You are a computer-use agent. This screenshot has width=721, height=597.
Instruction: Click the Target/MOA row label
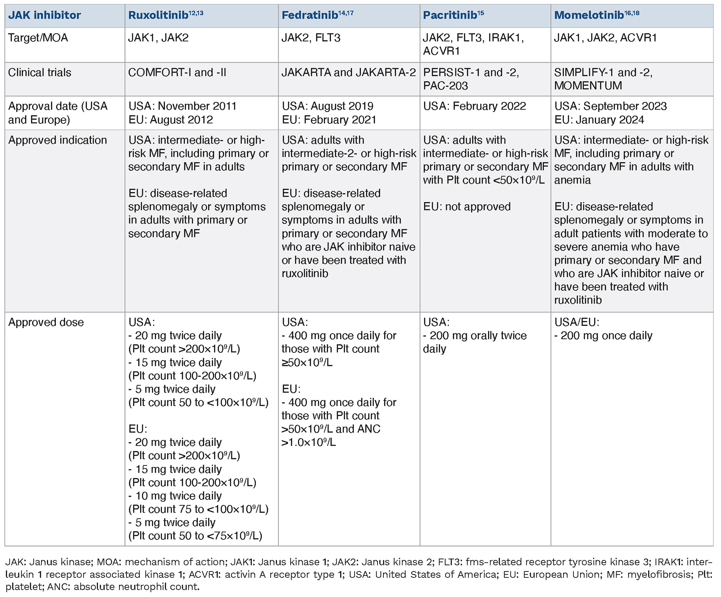pyautogui.click(x=38, y=38)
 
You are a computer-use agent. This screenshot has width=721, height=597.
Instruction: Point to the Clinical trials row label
pyautogui.click(x=40, y=73)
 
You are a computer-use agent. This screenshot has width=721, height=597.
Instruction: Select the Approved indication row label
pyautogui.click(x=58, y=140)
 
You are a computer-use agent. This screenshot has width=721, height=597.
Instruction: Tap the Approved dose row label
pyautogui.click(x=46, y=322)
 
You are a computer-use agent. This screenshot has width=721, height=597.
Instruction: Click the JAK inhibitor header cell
pyautogui.click(x=44, y=16)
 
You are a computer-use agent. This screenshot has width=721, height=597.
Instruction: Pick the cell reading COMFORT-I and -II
pyautogui.click(x=177, y=73)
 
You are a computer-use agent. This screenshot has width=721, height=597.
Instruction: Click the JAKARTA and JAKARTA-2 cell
pyautogui.click(x=349, y=73)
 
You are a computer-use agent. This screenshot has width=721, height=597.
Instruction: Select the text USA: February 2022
pyautogui.click(x=475, y=106)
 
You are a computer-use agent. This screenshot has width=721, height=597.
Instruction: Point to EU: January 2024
pyautogui.click(x=599, y=120)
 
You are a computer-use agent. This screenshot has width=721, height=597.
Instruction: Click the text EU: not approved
pyautogui.click(x=467, y=207)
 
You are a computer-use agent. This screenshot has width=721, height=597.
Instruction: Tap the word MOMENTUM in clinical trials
pyautogui.click(x=588, y=86)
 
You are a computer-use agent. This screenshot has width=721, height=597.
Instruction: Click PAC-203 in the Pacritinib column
pyautogui.click(x=445, y=86)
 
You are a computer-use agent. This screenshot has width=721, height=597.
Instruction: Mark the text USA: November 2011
pyautogui.click(x=182, y=106)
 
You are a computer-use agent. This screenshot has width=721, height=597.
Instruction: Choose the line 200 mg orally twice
pyautogui.click(x=478, y=336)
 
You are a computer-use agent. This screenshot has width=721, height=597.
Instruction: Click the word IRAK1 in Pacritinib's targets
pyautogui.click(x=505, y=38)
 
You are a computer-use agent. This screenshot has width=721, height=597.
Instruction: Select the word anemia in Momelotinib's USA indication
pyautogui.click(x=572, y=180)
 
